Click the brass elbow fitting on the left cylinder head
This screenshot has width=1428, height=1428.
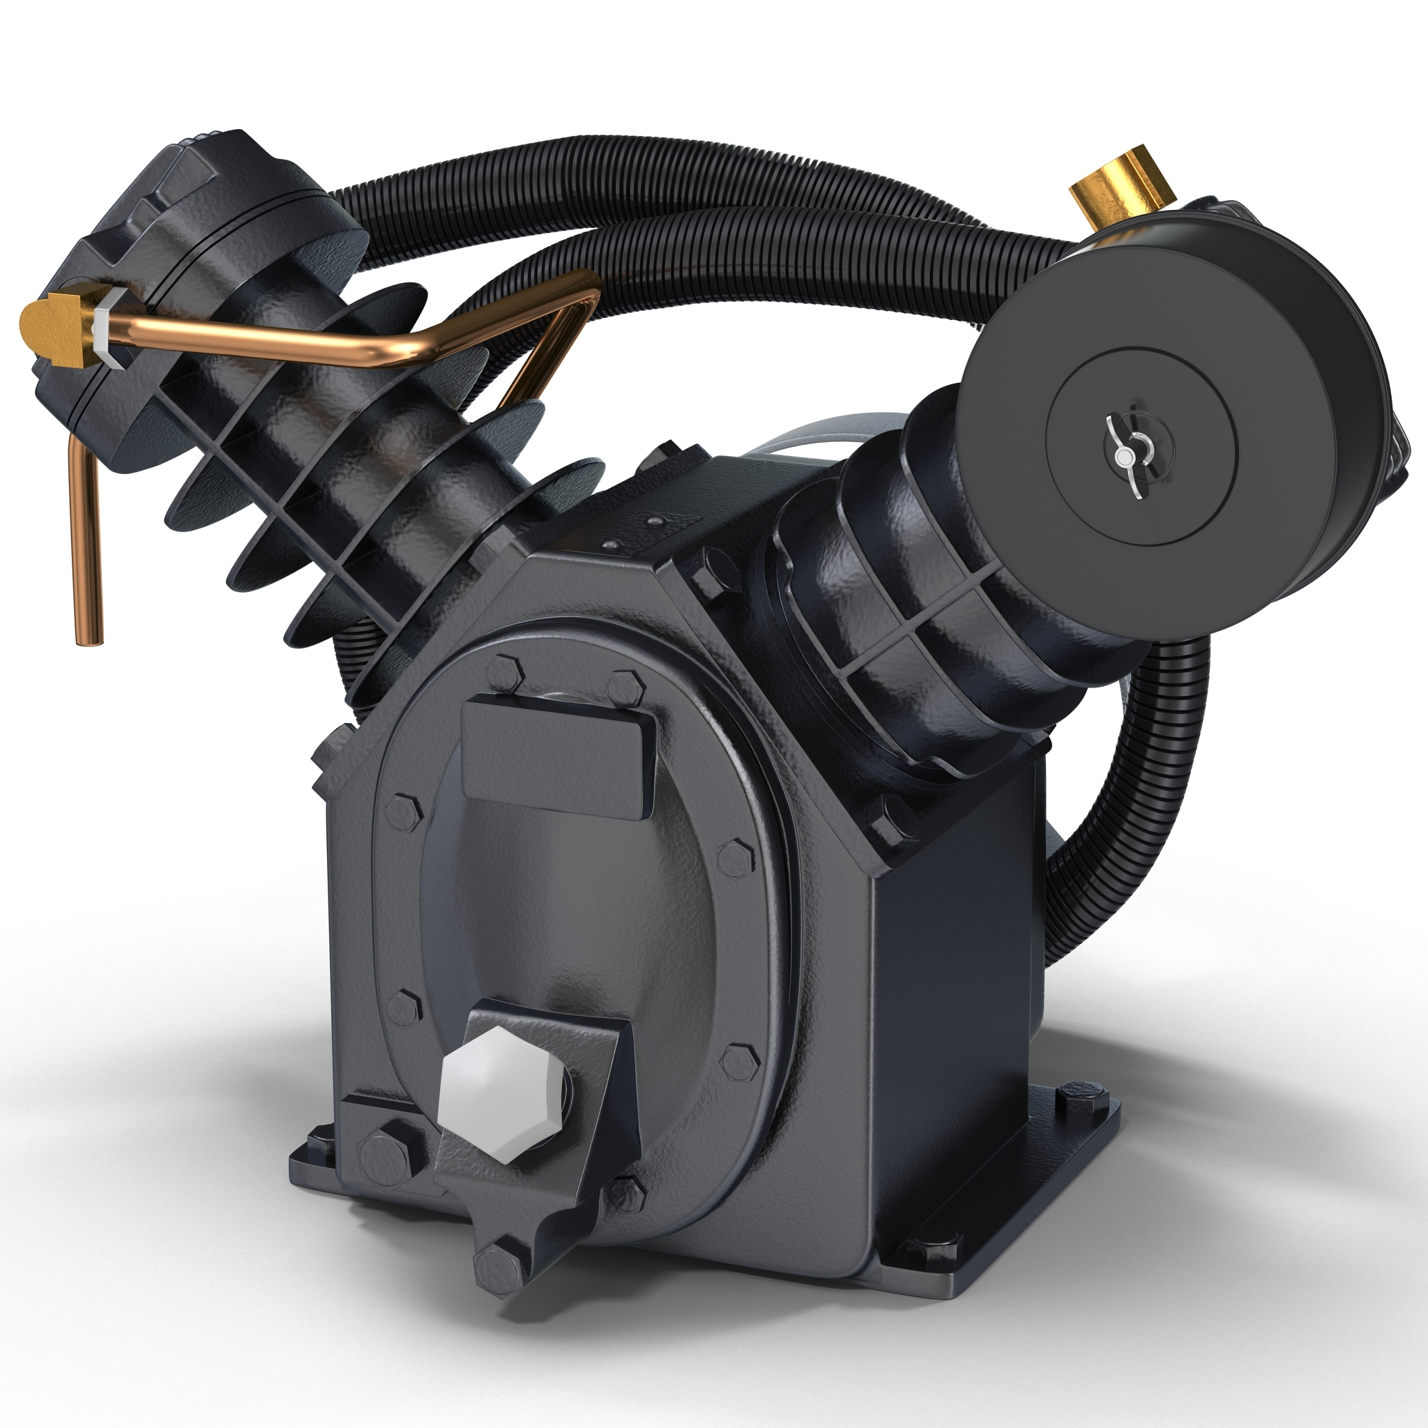tap(56, 326)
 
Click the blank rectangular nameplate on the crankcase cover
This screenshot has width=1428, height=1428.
tap(558, 756)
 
